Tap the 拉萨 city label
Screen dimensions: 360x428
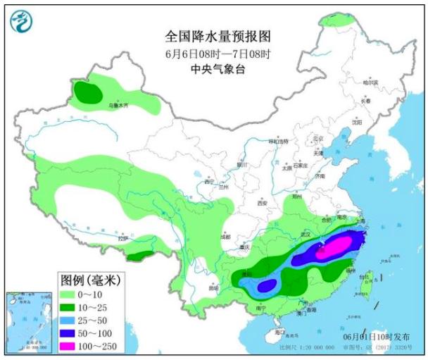pos(124,239)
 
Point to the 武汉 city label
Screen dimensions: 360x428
pos(305,233)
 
